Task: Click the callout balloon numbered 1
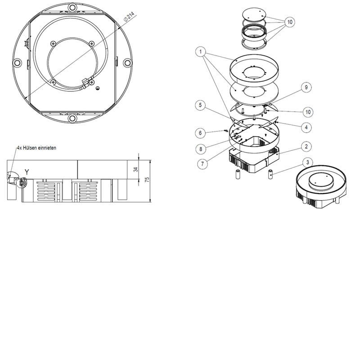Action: click(201, 52)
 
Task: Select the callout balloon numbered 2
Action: click(306, 147)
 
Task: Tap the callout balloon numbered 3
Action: click(307, 162)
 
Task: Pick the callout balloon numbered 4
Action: click(306, 127)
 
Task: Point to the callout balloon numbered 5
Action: click(200, 105)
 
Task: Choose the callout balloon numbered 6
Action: click(200, 133)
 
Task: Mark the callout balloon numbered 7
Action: click(202, 164)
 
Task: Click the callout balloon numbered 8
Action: click(201, 149)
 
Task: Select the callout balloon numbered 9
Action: click(306, 87)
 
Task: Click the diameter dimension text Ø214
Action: click(129, 17)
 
